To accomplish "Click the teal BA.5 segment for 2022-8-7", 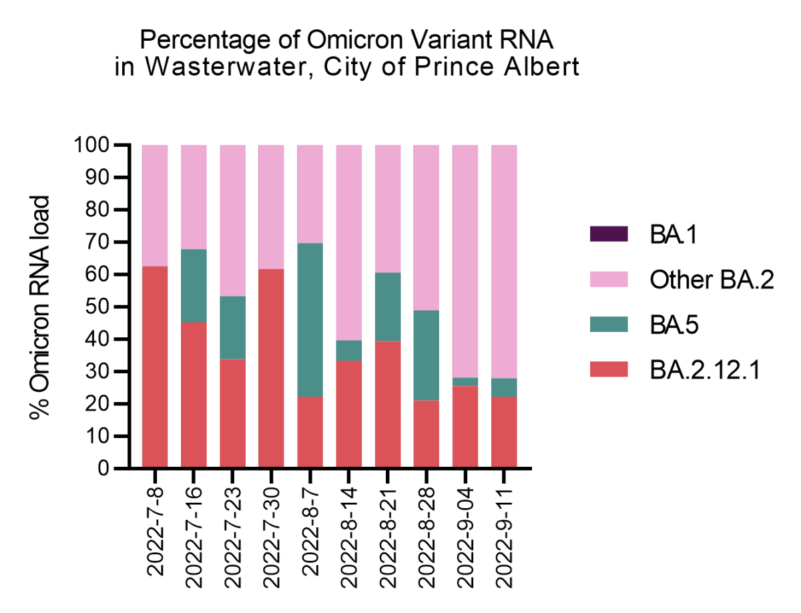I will (x=310, y=319).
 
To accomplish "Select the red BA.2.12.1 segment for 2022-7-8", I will (x=155, y=367).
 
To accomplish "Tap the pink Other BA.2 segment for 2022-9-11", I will (x=504, y=261).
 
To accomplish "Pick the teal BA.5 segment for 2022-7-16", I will (x=194, y=286).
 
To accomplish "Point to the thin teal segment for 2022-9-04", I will (x=465, y=382).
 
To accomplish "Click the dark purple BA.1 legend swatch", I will (x=609, y=234).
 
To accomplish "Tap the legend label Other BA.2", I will (x=712, y=280).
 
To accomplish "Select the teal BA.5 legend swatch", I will (x=609, y=325).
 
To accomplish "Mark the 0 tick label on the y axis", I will (x=104, y=469).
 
